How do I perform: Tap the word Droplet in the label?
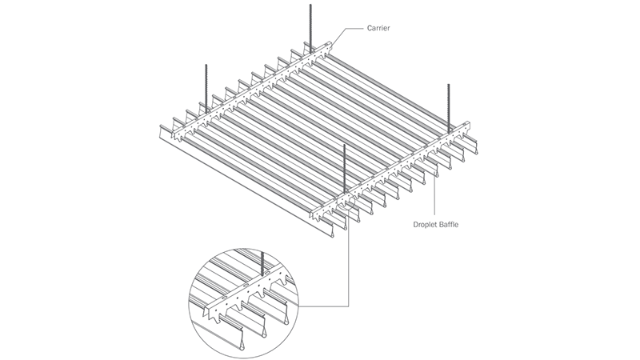[x=428, y=225]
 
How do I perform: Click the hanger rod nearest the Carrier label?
[x=310, y=24]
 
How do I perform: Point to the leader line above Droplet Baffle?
[x=434, y=192]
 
